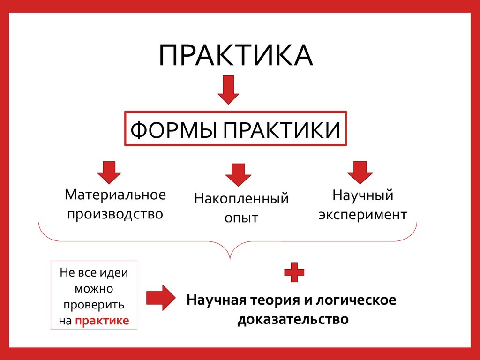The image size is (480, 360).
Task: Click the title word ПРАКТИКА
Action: point(235,56)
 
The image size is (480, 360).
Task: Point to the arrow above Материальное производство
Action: point(109,172)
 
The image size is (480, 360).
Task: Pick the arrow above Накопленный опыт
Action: point(238,175)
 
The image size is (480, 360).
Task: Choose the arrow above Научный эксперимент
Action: point(360,172)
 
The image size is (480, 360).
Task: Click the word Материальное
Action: point(115,194)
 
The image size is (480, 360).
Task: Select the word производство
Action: point(115,214)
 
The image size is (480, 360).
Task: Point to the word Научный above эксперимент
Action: point(362,195)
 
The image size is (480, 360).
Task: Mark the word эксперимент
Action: point(362,215)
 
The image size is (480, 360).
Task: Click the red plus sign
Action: point(294,272)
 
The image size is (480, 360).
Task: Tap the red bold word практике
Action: point(102,321)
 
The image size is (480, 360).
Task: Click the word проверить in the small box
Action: point(94,305)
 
